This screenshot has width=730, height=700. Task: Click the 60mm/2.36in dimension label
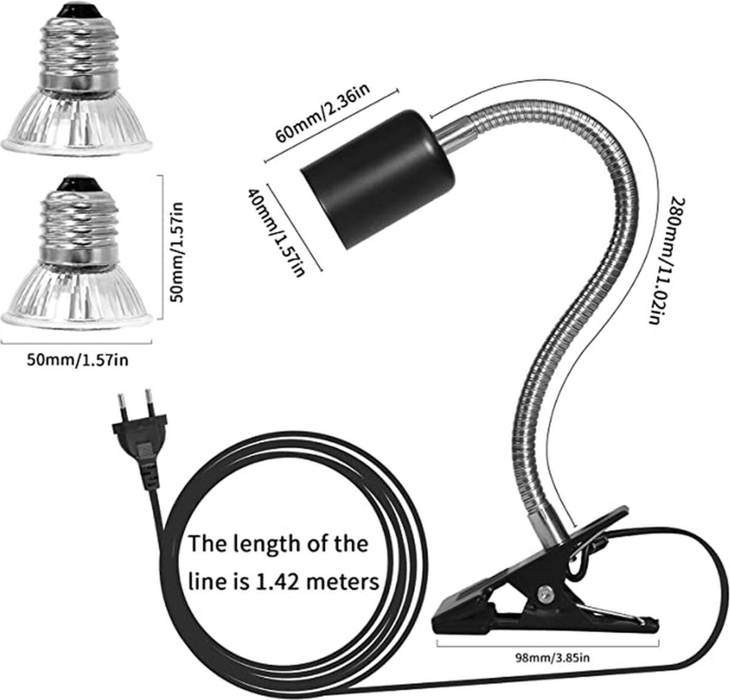(x=323, y=113)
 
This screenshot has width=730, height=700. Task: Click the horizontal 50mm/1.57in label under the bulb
(x=77, y=360)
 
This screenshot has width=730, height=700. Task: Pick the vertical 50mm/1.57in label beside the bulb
(x=176, y=252)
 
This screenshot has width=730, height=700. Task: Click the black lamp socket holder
(x=378, y=179)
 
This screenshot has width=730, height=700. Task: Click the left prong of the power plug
(x=122, y=406)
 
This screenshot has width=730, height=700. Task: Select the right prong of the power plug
(x=150, y=403)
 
